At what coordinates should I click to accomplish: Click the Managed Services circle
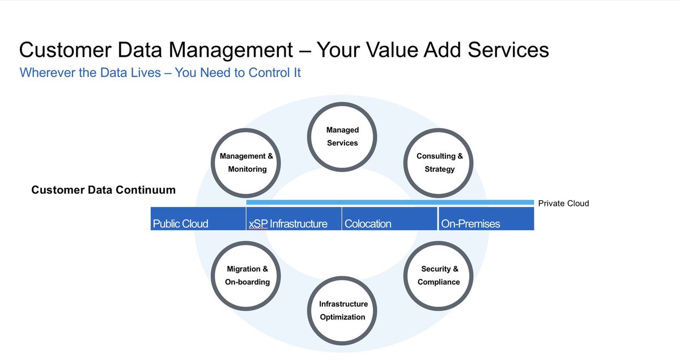coord(342,136)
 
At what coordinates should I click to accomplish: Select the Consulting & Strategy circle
coord(439,163)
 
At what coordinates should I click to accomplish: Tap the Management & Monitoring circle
coord(246,163)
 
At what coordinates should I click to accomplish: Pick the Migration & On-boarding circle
coord(246,276)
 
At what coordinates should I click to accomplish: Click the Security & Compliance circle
coord(438,276)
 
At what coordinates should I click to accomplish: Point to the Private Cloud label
coord(563,203)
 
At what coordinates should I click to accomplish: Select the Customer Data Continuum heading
coord(103,190)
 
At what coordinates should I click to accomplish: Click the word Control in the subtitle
coord(269,73)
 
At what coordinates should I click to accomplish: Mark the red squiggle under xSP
coord(258,230)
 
